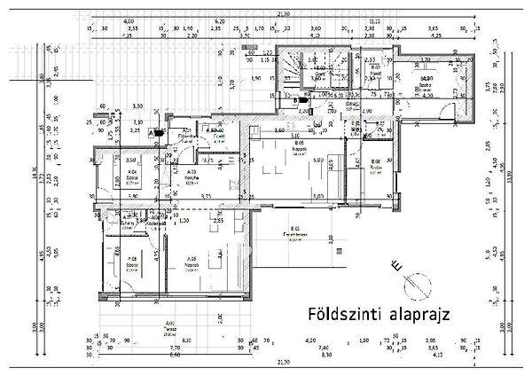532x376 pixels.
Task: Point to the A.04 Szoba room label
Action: tap(131, 174)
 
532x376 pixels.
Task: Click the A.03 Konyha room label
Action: tap(192, 174)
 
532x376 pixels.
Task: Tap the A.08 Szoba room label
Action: tap(131, 262)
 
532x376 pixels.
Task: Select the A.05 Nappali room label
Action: tap(187, 263)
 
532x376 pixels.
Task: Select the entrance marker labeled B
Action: tap(295, 101)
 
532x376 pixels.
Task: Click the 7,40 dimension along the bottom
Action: tap(348, 349)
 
